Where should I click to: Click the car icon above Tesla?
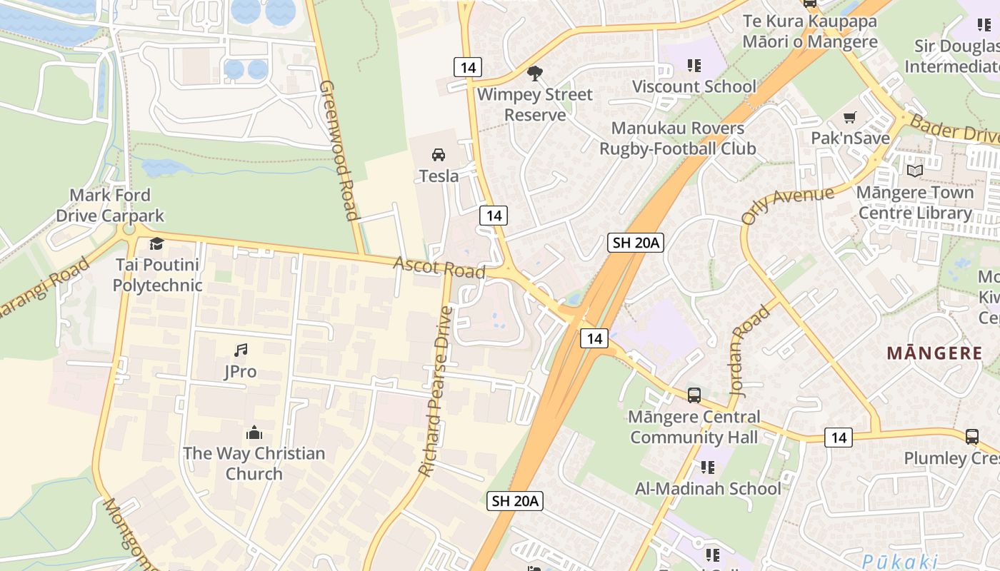(438, 154)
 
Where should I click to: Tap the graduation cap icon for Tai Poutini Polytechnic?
(156, 243)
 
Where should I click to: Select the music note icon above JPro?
(241, 350)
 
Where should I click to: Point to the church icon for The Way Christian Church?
(254, 432)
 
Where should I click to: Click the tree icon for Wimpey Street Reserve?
(534, 73)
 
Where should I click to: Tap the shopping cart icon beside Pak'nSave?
(849, 117)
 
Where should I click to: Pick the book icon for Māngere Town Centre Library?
(914, 171)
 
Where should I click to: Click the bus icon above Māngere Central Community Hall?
(694, 395)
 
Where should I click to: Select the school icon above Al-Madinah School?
(707, 468)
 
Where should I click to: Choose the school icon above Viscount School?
(694, 66)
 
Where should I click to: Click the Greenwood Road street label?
(339, 150)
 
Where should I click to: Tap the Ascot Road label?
(439, 268)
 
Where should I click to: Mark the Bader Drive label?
(954, 131)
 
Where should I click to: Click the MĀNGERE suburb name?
(934, 353)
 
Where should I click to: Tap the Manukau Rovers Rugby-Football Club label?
(677, 138)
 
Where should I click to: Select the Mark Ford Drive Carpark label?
(110, 206)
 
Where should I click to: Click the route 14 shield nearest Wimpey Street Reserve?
(468, 67)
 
